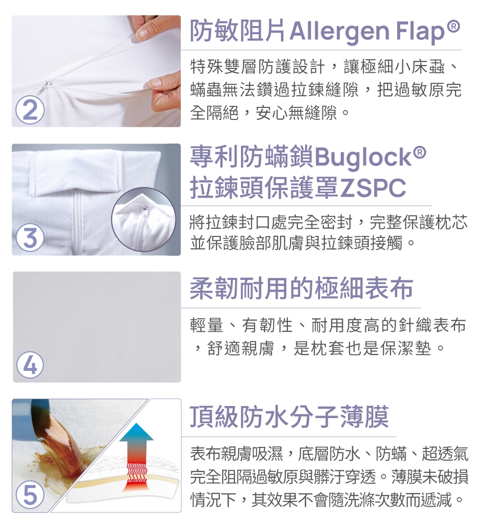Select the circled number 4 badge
pos(30,366)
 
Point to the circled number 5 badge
pos(30,495)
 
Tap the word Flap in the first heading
pos(420,32)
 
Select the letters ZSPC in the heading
pos(373,188)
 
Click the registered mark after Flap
pos(453,26)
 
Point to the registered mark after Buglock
pos(420,153)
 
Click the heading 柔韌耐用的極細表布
pos(301,288)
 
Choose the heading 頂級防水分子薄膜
pos(289,417)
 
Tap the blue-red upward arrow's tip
pos(136,424)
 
